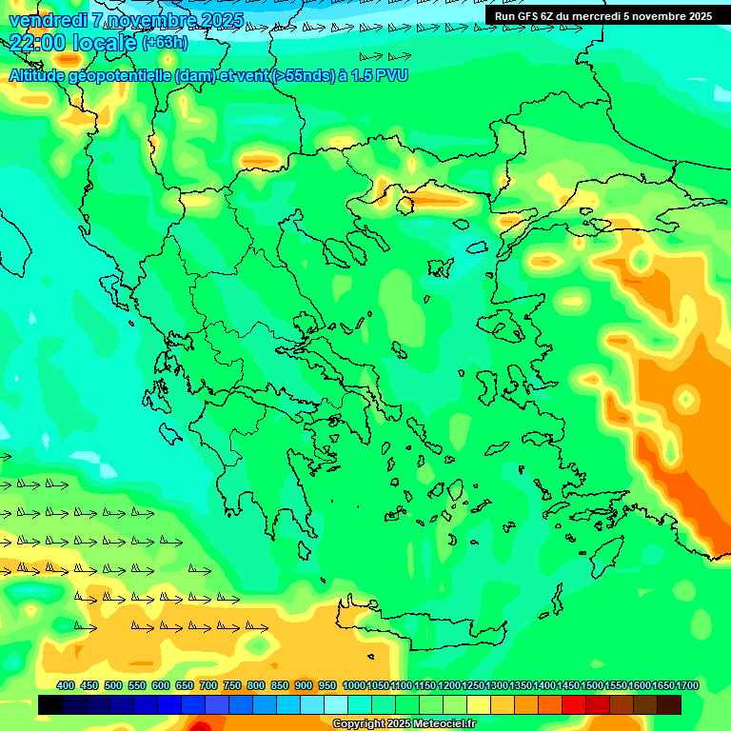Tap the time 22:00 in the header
(39, 43)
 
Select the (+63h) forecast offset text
(165, 43)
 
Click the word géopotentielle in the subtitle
(118, 75)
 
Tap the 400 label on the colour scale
(66, 685)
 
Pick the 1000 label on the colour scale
(353, 685)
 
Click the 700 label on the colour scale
(208, 685)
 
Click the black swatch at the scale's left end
(50, 704)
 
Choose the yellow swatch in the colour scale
(503, 704)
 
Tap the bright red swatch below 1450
(574, 704)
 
